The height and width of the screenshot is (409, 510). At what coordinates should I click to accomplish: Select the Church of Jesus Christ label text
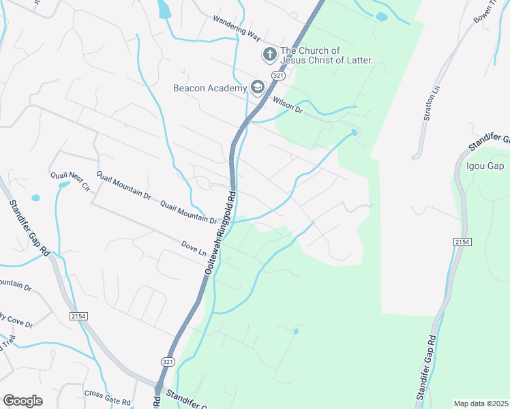(329, 55)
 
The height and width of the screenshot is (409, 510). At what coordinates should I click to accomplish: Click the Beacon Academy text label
(209, 88)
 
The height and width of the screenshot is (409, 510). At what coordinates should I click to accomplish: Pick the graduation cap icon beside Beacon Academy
(257, 87)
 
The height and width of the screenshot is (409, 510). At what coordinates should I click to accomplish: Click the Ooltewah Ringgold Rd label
(220, 232)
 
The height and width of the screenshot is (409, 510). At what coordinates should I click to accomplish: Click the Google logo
(23, 401)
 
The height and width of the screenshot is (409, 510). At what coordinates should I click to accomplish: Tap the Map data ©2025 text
(481, 404)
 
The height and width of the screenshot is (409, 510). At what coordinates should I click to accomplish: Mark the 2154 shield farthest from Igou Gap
(78, 316)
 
